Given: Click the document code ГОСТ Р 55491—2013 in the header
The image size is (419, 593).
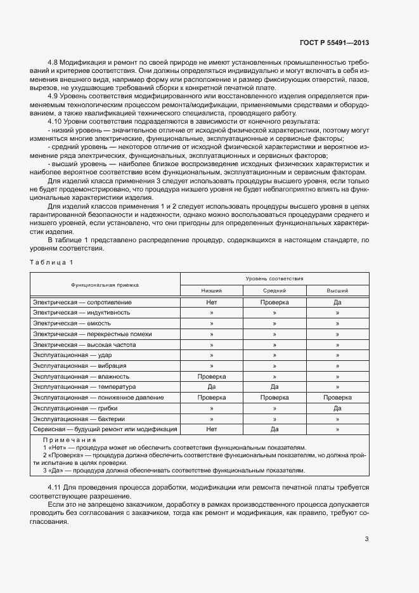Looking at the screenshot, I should pyautogui.click(x=334, y=42).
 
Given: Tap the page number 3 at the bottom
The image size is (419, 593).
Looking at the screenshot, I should pyautogui.click(x=366, y=539).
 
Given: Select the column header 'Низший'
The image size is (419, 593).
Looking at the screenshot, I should pyautogui.click(x=212, y=290).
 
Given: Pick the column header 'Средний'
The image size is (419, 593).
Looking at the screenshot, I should pyautogui.click(x=274, y=290).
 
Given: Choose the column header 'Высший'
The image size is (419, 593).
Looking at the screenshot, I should pyautogui.click(x=337, y=290).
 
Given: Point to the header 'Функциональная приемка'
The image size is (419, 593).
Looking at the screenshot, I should pyautogui.click(x=105, y=285).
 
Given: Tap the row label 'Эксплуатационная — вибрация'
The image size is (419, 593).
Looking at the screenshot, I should pyautogui.click(x=79, y=366).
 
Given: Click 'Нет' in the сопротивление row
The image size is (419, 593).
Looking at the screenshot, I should pyautogui.click(x=212, y=302).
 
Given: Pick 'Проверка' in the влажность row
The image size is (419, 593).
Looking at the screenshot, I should pyautogui.click(x=212, y=376).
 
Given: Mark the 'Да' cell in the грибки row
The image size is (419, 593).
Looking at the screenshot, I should pyautogui.click(x=337, y=408).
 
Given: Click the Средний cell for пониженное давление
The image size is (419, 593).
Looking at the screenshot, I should pyautogui.click(x=274, y=398).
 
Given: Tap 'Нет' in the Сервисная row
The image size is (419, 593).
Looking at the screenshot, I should pyautogui.click(x=212, y=429).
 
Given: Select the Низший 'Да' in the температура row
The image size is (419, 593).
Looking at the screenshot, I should pyautogui.click(x=212, y=387).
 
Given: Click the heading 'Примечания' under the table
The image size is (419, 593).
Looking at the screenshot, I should pyautogui.click(x=69, y=440).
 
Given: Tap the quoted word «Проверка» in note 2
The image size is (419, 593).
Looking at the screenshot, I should pyautogui.click(x=65, y=455).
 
